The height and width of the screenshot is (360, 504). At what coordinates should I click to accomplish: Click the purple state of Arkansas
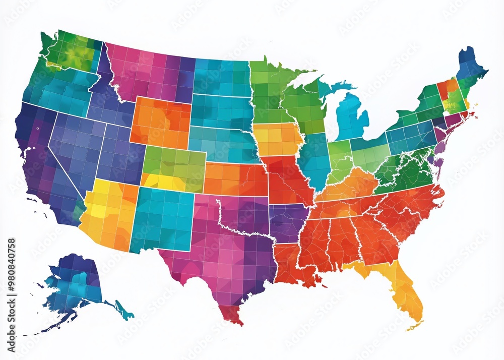pos(287,222)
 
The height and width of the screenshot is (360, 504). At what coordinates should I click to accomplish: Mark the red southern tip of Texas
pos(233,315)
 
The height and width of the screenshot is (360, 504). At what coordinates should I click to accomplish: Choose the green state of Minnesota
pos(267,91)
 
